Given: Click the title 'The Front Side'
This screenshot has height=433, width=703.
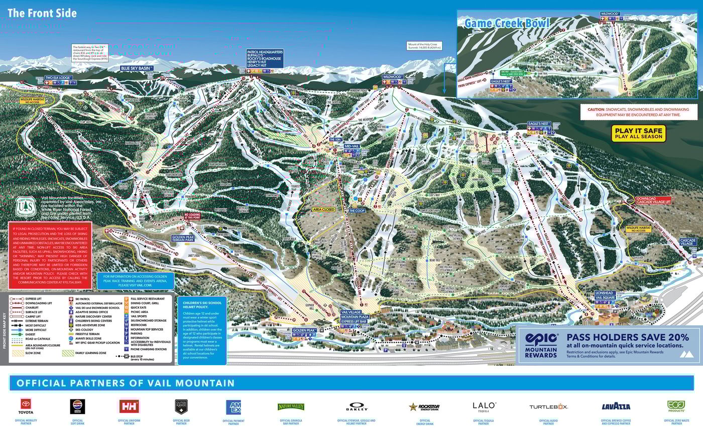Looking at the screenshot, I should (42, 13).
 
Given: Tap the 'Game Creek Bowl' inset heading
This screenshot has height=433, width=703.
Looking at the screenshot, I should (506, 23).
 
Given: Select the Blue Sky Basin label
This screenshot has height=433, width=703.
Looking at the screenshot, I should (137, 68).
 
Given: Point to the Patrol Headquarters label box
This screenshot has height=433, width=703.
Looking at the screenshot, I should (265, 58).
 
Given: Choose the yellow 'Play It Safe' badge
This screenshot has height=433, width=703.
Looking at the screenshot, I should (638, 133).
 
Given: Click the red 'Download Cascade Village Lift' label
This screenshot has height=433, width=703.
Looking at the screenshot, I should (653, 200).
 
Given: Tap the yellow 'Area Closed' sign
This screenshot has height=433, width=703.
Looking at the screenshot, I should (323, 209).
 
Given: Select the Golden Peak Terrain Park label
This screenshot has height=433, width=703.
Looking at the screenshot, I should (182, 239).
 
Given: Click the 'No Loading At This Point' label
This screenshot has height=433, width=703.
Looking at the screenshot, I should (193, 217).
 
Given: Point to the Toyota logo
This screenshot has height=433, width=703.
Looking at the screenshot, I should (26, 406).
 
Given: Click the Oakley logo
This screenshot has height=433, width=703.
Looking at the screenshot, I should (357, 406).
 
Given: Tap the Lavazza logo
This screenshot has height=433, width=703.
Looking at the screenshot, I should (616, 406).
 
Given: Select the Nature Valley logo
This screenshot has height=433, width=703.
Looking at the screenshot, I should (291, 406).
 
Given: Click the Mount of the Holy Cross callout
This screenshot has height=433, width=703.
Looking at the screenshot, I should (425, 46).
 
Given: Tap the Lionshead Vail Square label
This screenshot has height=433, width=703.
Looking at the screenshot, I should (605, 295).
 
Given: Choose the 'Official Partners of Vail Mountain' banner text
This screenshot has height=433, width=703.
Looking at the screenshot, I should (126, 383).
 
